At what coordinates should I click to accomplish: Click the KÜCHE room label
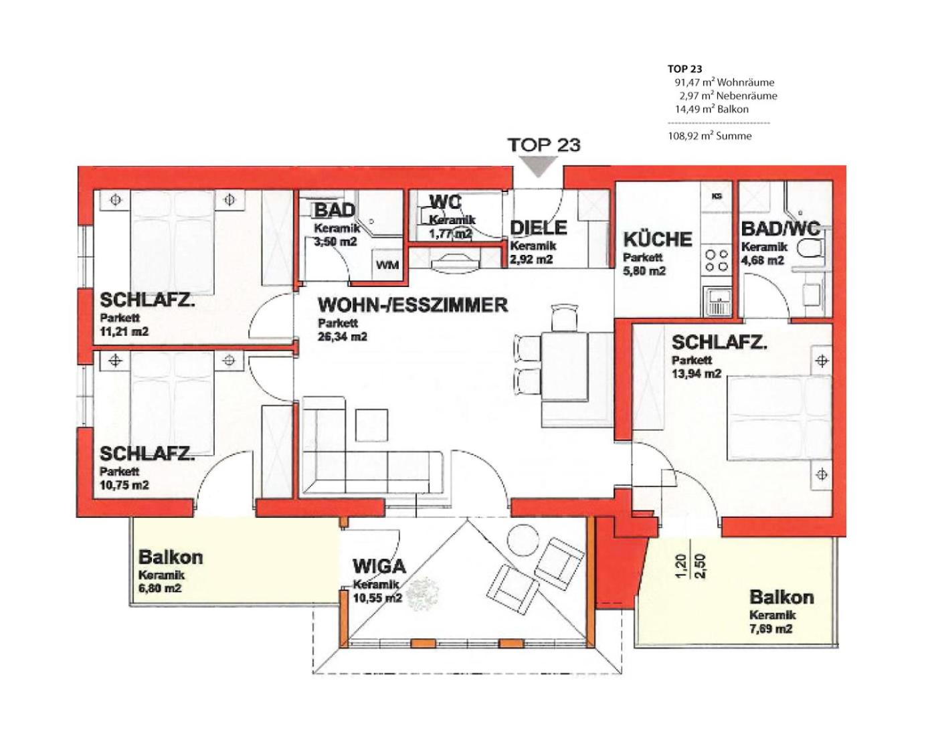pos(658,240)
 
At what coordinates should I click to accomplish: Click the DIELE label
pos(539,227)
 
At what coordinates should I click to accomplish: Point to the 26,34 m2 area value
pos(343,337)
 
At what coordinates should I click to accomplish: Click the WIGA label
pos(379,567)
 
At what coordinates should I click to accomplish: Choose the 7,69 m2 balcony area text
pos(771,629)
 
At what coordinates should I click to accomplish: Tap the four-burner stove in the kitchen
pos(717,260)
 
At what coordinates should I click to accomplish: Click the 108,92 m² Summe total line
pos(710,136)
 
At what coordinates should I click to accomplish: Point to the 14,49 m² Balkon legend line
pos(712,109)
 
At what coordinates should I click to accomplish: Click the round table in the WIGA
pos(523,541)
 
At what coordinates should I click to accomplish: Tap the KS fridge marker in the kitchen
pos(717,196)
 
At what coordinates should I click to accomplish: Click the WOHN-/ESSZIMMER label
pos(413,305)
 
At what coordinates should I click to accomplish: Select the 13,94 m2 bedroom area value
pos(696,373)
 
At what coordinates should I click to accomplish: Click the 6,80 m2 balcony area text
pos(160,588)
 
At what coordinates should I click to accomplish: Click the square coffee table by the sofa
pos(372,424)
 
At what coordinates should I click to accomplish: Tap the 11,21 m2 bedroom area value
pos(124,331)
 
